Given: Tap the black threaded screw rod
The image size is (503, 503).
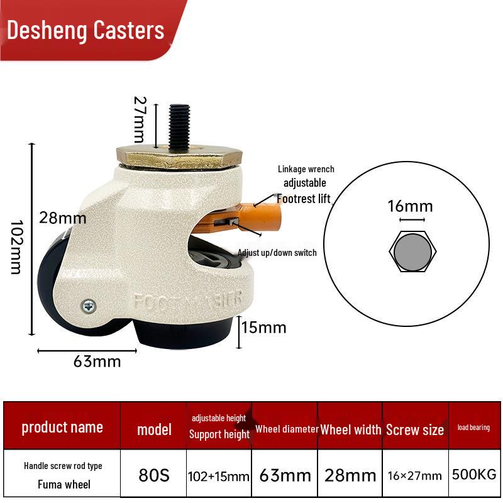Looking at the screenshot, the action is pyautogui.click(x=179, y=128).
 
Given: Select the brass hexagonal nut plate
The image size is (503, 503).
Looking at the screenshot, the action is pyautogui.click(x=179, y=157).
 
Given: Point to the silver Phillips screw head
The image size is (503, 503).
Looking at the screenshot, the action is pyautogui.click(x=89, y=306).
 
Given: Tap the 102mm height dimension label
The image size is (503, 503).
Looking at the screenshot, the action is pyautogui.click(x=16, y=247).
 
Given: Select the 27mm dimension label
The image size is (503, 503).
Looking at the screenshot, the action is pyautogui.click(x=140, y=119).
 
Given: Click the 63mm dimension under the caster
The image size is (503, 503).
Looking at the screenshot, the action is pyautogui.click(x=97, y=362).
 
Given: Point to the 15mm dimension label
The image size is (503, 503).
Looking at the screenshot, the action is pyautogui.click(x=263, y=328).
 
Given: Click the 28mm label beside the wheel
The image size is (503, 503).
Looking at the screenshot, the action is pyautogui.click(x=62, y=218).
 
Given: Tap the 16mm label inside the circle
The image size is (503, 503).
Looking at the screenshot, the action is pyautogui.click(x=411, y=206).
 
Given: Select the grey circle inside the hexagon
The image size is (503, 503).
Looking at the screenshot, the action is pyautogui.click(x=413, y=252).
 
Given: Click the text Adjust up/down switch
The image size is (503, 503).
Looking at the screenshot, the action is pyautogui.click(x=277, y=253).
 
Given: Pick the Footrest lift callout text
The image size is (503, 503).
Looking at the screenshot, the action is pyautogui.click(x=304, y=199).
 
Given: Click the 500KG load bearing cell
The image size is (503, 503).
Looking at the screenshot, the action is pyautogui.click(x=474, y=475).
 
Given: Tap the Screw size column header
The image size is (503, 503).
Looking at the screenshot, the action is pyautogui.click(x=415, y=430).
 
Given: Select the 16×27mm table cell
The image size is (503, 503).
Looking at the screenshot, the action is pyautogui.click(x=414, y=476).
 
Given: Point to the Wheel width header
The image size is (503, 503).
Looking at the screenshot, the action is pyautogui.click(x=351, y=430).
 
